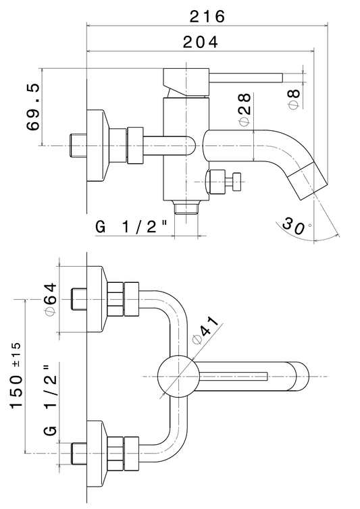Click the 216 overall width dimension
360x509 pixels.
coord(207,16)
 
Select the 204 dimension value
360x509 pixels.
coord(201,43)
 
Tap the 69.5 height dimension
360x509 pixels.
coord(34,107)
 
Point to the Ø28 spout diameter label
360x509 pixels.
coord(245,109)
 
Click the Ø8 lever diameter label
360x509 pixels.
coord(294,99)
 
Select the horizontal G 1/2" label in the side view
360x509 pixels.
coord(131,227)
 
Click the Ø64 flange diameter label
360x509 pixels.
coord(51,299)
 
